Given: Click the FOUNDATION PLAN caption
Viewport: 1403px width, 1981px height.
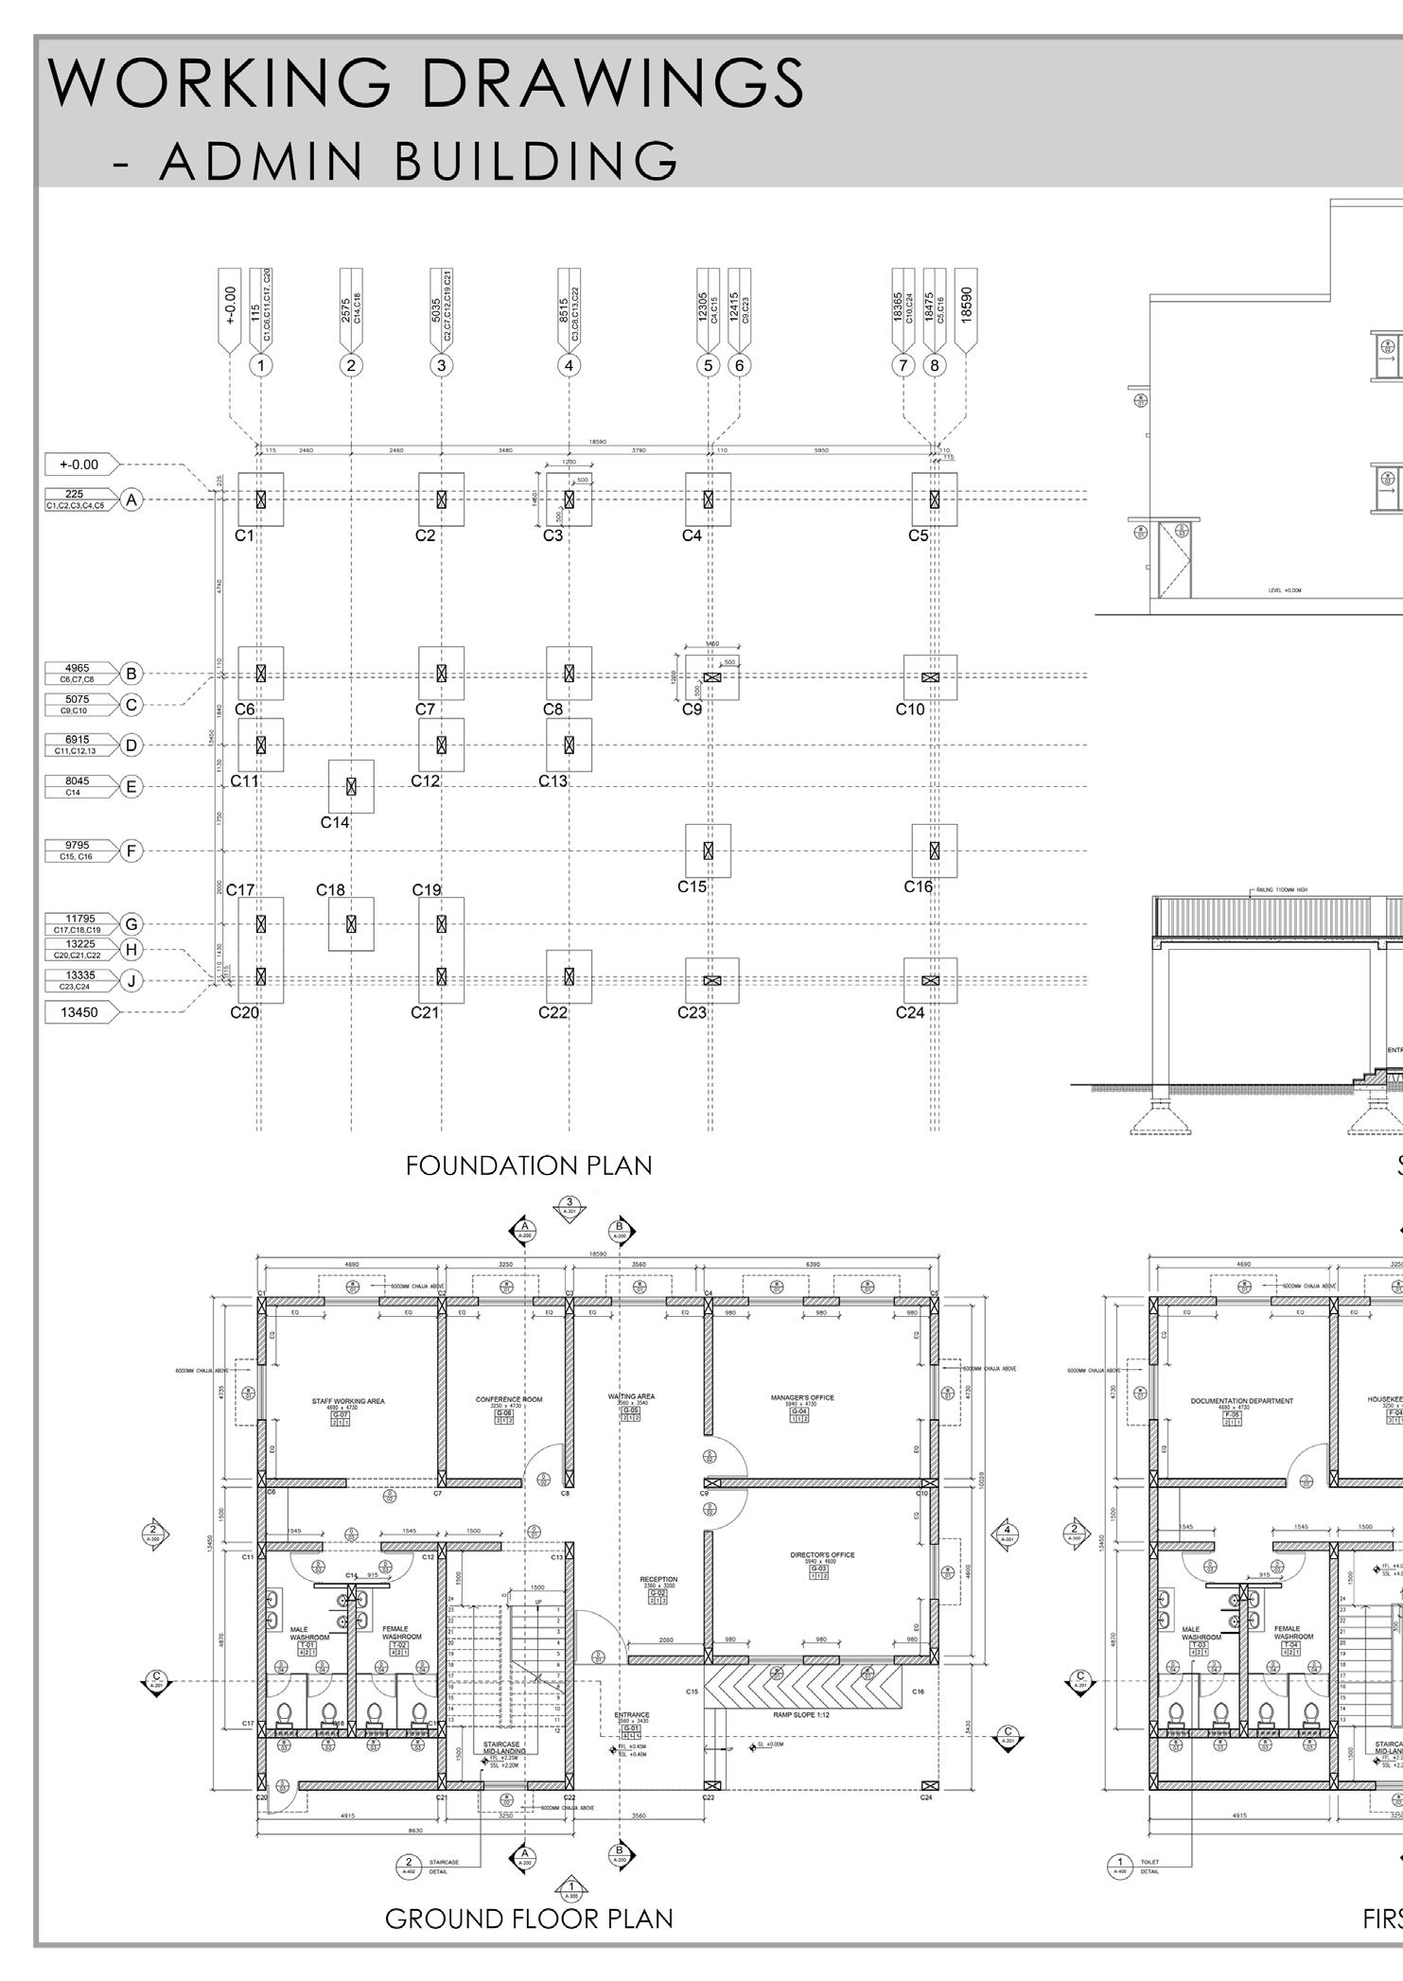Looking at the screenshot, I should pyautogui.click(x=529, y=1166).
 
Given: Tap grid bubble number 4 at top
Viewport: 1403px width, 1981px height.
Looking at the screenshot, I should pyautogui.click(x=569, y=365).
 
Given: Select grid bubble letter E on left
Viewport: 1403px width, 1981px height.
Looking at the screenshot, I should pyautogui.click(x=132, y=786).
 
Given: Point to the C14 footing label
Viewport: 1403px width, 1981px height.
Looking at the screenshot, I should pyautogui.click(x=335, y=823).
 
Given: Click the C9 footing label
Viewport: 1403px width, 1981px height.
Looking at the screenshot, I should pyautogui.click(x=692, y=709).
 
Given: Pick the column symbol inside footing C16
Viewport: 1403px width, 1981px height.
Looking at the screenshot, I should pyautogui.click(x=935, y=850).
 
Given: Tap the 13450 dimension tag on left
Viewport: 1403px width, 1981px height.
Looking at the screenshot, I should pyautogui.click(x=80, y=1012).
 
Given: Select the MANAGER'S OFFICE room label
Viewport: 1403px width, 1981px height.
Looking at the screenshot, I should pyautogui.click(x=802, y=1397).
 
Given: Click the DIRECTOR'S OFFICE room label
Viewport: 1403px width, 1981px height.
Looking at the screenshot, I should pyautogui.click(x=822, y=1554).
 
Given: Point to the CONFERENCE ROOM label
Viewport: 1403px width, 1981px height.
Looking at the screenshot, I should pyautogui.click(x=509, y=1399).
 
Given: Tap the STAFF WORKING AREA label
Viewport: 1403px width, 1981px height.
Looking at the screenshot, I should pyautogui.click(x=348, y=1401).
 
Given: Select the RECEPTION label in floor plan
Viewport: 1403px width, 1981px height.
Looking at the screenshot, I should pyautogui.click(x=658, y=1579).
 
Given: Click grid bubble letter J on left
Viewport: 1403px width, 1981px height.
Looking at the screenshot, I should pyautogui.click(x=132, y=981).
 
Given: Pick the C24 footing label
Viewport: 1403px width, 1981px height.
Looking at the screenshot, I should pyautogui.click(x=910, y=1012).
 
